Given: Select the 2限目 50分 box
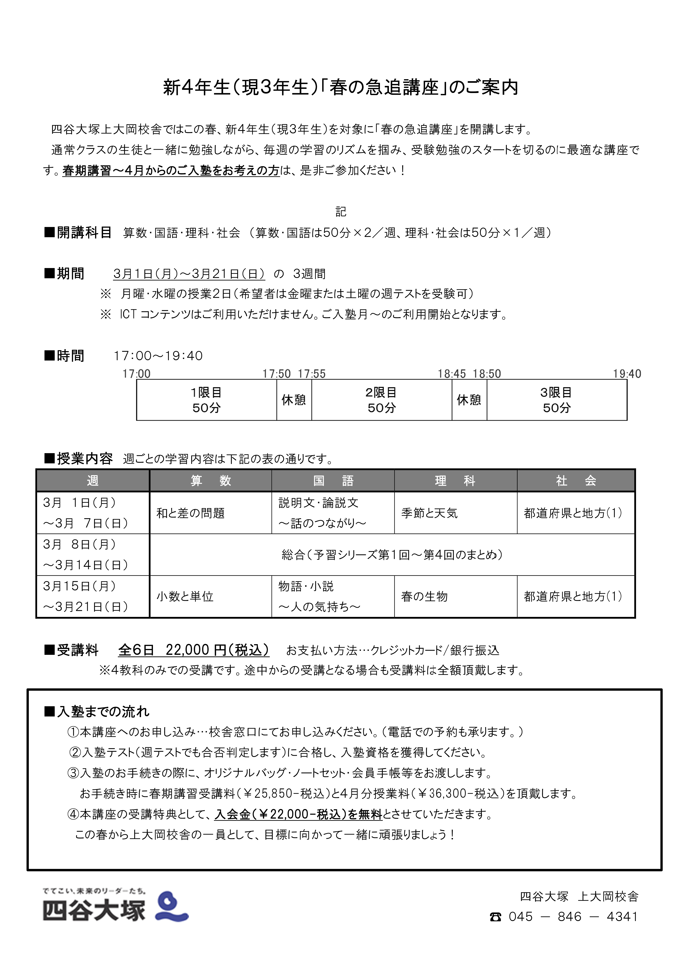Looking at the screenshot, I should click(x=381, y=400).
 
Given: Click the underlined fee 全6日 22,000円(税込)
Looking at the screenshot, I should click(x=193, y=650).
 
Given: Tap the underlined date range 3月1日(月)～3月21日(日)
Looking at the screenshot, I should click(x=189, y=274).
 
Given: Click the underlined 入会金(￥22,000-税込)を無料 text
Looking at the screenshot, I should click(x=298, y=814).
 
